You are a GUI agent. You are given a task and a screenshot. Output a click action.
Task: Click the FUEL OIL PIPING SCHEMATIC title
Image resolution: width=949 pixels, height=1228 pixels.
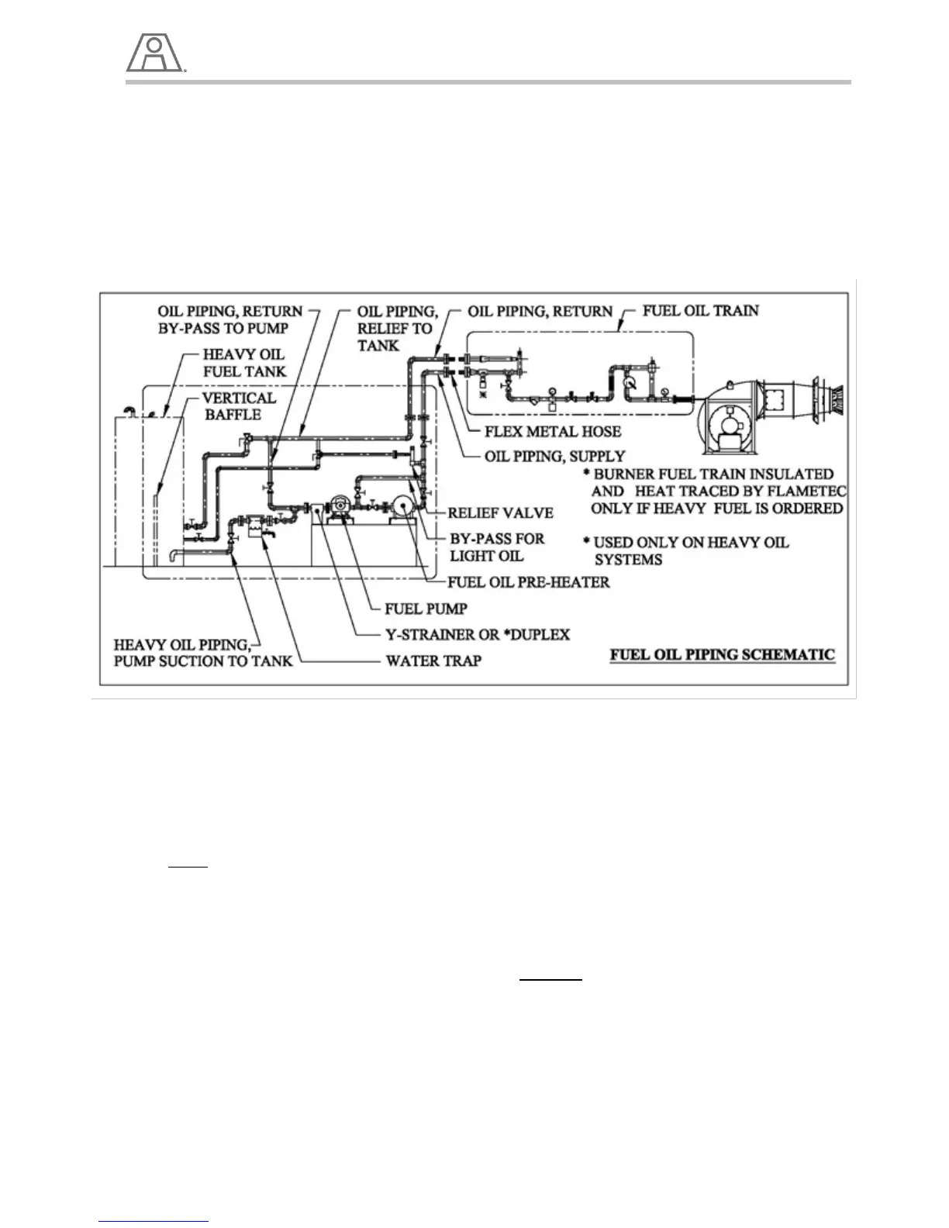pos(722,654)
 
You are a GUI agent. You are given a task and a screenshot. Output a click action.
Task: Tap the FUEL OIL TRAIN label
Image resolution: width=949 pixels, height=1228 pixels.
pos(701,311)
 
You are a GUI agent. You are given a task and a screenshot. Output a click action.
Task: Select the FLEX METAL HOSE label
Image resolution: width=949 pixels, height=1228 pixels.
pos(553,431)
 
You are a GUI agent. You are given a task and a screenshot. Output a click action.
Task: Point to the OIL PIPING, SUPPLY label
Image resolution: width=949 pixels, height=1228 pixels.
pos(554,456)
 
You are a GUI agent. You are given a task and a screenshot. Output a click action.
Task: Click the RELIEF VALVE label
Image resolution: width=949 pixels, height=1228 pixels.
pos(500,512)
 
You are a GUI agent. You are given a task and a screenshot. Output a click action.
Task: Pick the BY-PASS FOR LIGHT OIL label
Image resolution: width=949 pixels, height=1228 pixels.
pos(497,547)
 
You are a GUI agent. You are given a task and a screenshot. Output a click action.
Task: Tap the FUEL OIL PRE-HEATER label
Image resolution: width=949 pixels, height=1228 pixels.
pos(528,581)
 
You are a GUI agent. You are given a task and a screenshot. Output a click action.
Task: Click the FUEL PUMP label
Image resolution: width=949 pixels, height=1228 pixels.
pos(426,609)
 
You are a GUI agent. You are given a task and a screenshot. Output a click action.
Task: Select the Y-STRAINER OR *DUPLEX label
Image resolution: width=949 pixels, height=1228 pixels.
pos(478,634)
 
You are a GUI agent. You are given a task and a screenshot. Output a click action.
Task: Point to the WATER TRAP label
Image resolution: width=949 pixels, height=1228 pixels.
pos(433,661)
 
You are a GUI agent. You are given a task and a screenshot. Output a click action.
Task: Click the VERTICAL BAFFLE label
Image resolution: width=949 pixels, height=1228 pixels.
pos(238,405)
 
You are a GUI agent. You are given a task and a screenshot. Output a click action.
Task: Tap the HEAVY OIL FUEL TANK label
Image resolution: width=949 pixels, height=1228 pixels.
pos(244,363)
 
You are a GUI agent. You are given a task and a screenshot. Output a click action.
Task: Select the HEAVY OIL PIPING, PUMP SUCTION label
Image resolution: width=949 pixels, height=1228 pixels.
pos(203,653)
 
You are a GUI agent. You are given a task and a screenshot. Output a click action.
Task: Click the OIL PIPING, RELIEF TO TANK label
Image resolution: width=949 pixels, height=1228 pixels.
pos(397,328)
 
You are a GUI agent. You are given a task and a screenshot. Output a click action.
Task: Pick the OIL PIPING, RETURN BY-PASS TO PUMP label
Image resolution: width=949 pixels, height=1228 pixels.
pos(229,319)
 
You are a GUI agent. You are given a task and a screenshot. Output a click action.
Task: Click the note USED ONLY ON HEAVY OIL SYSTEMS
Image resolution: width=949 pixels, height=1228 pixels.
pos(686,550)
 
